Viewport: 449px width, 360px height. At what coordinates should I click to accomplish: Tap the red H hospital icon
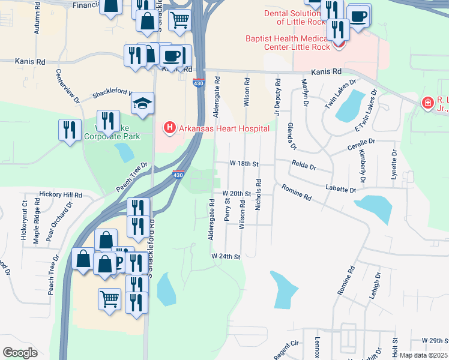pyautogui.click(x=169, y=127)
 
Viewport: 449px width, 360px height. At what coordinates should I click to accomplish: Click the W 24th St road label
pyautogui.click(x=225, y=256)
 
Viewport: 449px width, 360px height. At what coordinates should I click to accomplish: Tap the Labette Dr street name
pyautogui.click(x=340, y=189)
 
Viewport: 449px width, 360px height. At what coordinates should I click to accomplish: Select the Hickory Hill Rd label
pyautogui.click(x=60, y=194)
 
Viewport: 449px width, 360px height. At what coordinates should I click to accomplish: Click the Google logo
pyautogui.click(x=20, y=353)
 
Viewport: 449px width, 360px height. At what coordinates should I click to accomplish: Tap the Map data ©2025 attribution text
pyautogui.click(x=423, y=355)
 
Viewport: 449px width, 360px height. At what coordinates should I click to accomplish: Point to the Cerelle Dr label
pyautogui.click(x=361, y=145)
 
